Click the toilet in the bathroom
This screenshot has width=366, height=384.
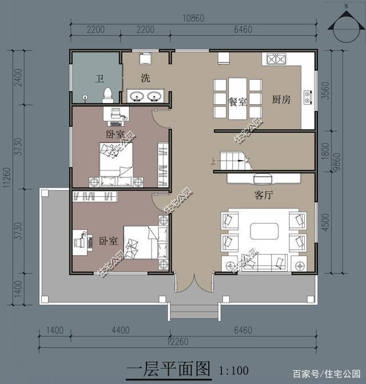pyautogui.click(x=107, y=94)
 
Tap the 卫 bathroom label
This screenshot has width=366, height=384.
pyautogui.click(x=98, y=79)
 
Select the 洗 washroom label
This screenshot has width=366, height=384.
pyautogui.click(x=145, y=78)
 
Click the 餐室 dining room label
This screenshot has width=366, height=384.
pyautogui.click(x=237, y=102)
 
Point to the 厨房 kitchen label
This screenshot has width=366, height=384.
pyautogui.click(x=281, y=100)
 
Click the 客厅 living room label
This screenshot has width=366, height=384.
pyautogui.click(x=263, y=195)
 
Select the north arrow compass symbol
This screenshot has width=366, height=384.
pyautogui.click(x=346, y=27)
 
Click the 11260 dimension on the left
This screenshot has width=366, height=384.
pyautogui.click(x=7, y=177)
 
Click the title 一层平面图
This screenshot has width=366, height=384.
pyautogui.click(x=169, y=369)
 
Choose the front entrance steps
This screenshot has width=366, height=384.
pyautogui.click(x=195, y=312)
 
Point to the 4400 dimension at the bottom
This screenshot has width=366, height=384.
pyautogui.click(x=121, y=331)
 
